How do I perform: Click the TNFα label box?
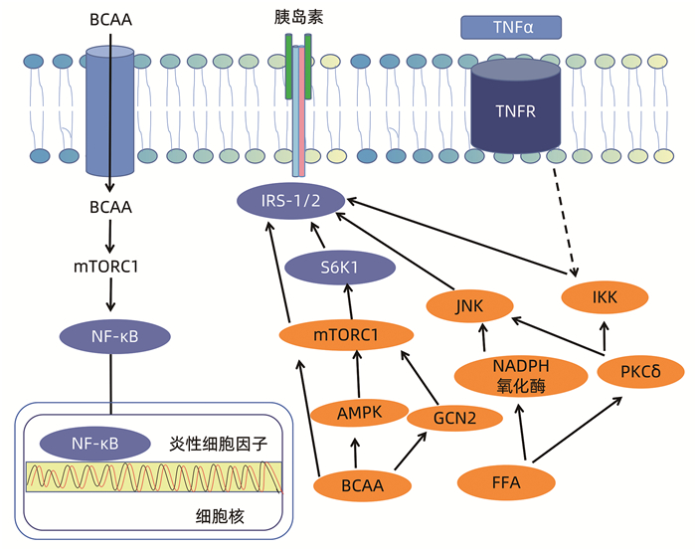click(x=511, y=27)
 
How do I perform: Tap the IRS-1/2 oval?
click(x=290, y=201)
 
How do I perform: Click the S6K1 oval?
click(x=336, y=267)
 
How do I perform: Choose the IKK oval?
click(x=605, y=295)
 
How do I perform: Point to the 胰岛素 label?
click(x=297, y=16)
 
